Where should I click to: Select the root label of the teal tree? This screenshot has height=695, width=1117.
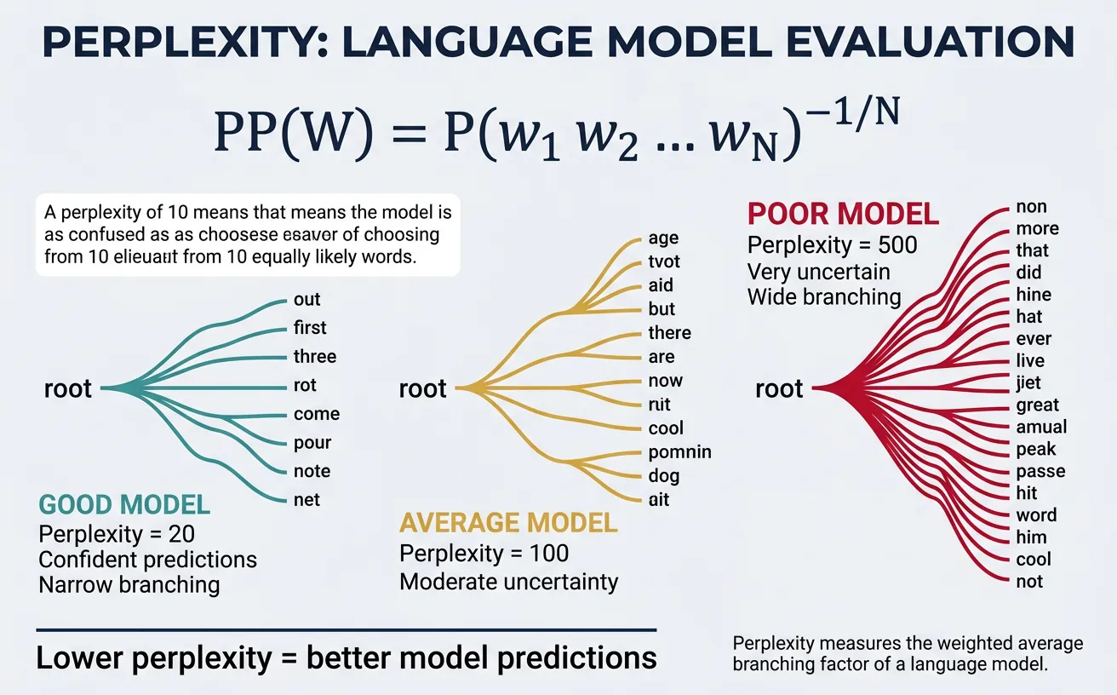tap(67, 389)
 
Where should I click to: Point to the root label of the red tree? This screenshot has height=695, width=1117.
tap(779, 389)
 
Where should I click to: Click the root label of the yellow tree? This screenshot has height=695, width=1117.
tap(423, 389)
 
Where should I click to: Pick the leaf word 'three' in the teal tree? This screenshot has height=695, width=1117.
tap(315, 357)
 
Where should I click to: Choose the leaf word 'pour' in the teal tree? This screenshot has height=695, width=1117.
tap(312, 443)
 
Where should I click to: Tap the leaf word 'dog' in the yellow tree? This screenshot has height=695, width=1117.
tap(664, 477)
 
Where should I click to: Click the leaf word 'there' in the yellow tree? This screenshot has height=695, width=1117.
tap(669, 333)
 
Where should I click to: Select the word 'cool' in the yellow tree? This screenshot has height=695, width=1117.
tap(666, 428)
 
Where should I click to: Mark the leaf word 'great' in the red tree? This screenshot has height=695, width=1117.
tap(1037, 405)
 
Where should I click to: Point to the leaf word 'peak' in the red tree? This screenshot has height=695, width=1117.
tap(1035, 449)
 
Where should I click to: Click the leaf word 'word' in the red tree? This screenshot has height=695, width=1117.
tap(1036, 515)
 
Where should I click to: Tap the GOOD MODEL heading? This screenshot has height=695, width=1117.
tap(124, 505)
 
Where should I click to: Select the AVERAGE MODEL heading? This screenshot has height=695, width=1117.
tap(508, 522)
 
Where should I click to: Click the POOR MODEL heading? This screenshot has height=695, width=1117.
tap(842, 214)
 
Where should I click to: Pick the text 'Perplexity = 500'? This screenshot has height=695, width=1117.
tap(832, 245)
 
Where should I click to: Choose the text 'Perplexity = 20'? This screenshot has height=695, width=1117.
tap(117, 534)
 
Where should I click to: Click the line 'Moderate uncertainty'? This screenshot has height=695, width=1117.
tap(508, 582)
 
